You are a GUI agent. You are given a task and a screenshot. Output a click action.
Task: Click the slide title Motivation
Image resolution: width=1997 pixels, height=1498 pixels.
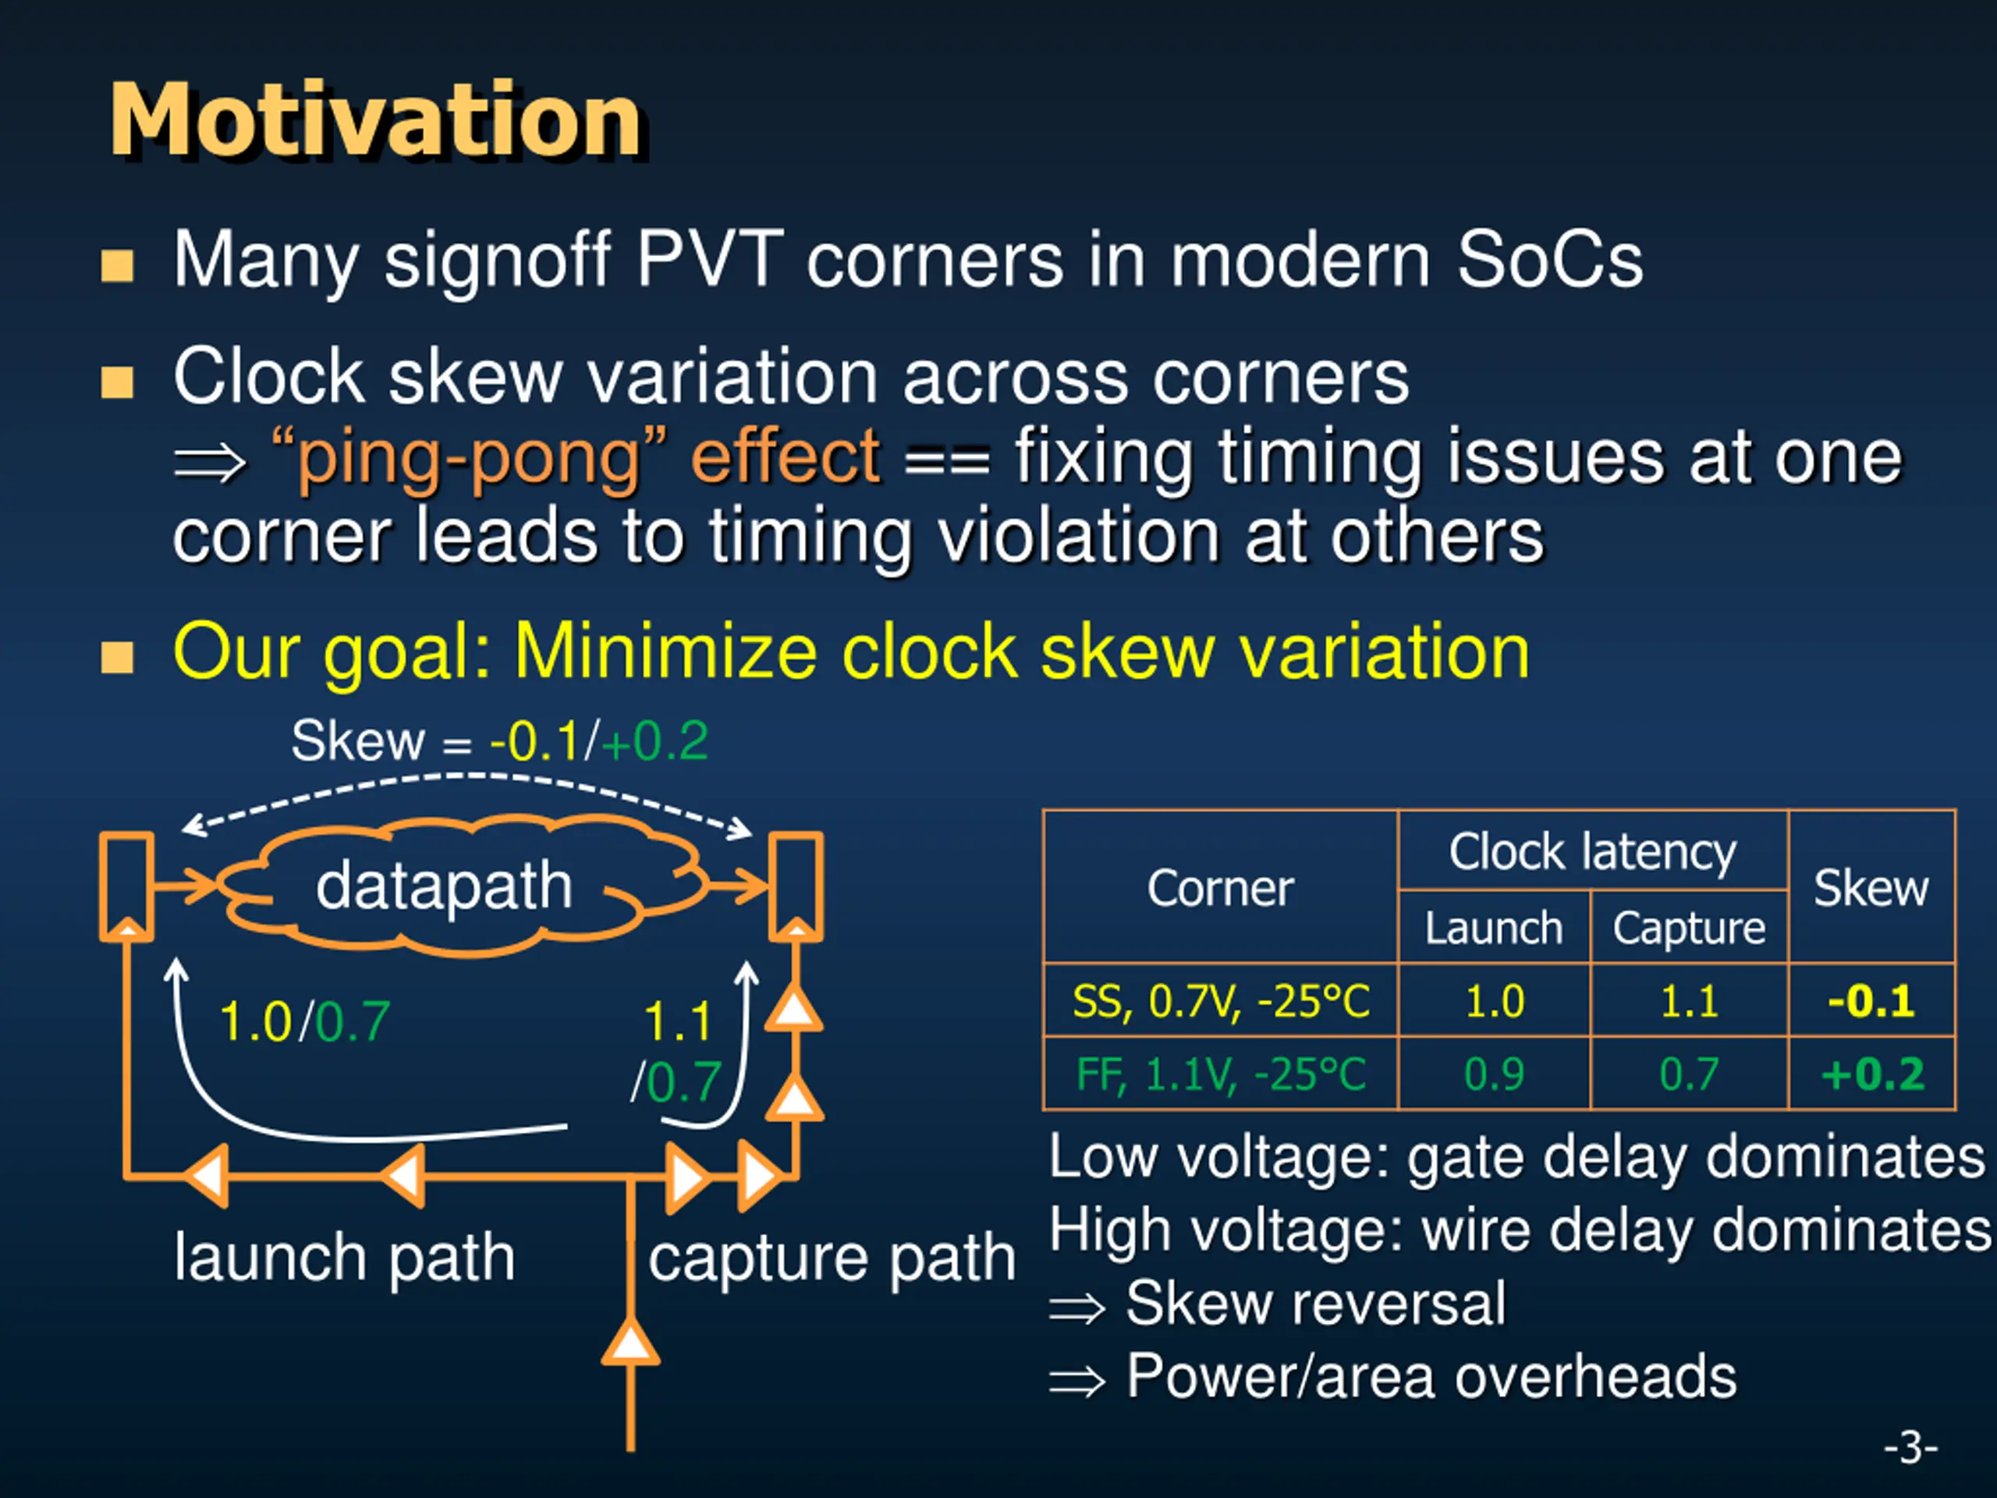coord(374,120)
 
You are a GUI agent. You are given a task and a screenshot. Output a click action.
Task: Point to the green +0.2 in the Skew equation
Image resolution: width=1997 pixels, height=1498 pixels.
coord(655,742)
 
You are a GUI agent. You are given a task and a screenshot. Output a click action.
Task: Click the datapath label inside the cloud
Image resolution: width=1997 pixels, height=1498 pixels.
coord(443,886)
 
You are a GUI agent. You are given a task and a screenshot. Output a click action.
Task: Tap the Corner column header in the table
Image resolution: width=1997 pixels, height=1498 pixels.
coord(1220,889)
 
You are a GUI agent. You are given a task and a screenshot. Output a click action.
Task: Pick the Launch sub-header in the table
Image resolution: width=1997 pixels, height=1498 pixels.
coord(1493,928)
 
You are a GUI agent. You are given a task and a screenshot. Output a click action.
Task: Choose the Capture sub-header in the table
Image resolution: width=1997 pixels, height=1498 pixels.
coord(1688,928)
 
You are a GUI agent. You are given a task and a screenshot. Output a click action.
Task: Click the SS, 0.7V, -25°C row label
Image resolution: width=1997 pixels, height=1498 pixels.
coord(1221,1001)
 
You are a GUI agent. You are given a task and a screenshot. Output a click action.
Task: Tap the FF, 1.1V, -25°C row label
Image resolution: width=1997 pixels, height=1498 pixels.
coord(1221,1074)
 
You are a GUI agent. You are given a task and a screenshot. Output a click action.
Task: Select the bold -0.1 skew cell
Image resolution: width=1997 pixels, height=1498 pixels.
coord(1871,1001)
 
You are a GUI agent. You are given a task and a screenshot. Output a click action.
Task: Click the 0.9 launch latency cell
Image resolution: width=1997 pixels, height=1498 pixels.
coord(1494,1074)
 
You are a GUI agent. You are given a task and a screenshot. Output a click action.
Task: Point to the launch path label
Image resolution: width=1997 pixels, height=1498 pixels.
coord(344,1257)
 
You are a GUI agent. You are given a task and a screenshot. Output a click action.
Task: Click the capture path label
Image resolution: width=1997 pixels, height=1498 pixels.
coord(832,1258)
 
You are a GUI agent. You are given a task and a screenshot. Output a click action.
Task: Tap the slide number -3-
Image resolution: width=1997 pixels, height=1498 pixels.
coord(1910,1447)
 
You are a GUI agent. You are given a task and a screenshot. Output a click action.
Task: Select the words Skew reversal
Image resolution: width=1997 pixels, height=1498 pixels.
coord(1315,1303)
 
